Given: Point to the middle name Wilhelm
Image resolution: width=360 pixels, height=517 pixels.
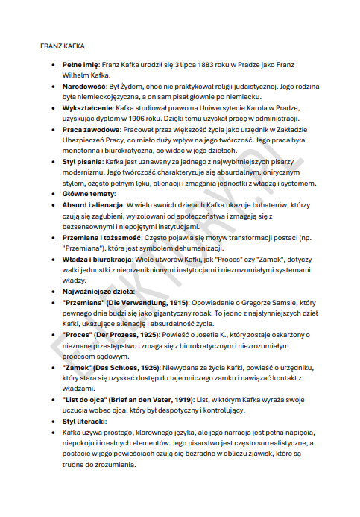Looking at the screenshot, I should (x=75, y=75).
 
